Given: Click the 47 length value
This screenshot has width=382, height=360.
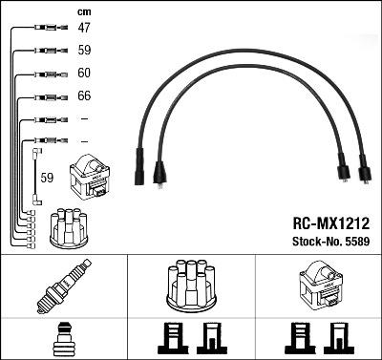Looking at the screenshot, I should tap(84, 29).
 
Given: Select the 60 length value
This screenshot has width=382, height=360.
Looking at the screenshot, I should tap(84, 73).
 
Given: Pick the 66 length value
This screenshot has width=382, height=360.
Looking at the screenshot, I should tap(84, 95).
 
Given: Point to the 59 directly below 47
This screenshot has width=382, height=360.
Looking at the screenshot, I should tap(84, 51).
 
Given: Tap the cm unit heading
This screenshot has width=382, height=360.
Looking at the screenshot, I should tap(83, 11).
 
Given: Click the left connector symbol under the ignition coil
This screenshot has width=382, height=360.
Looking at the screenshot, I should tap(299, 339).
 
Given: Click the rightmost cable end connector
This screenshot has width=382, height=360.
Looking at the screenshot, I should tap(363, 175).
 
